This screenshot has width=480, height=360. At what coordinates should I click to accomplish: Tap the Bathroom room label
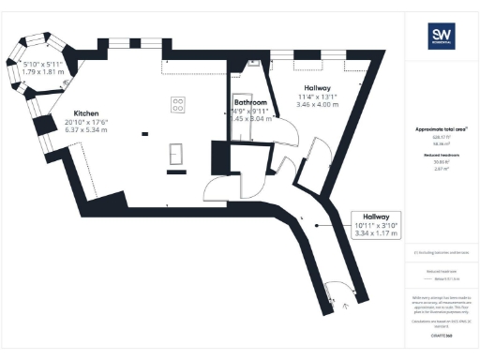(250, 102)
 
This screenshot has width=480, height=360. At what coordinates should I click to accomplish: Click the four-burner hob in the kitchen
(177, 105)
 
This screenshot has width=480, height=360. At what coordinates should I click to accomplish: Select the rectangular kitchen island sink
(175, 152)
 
